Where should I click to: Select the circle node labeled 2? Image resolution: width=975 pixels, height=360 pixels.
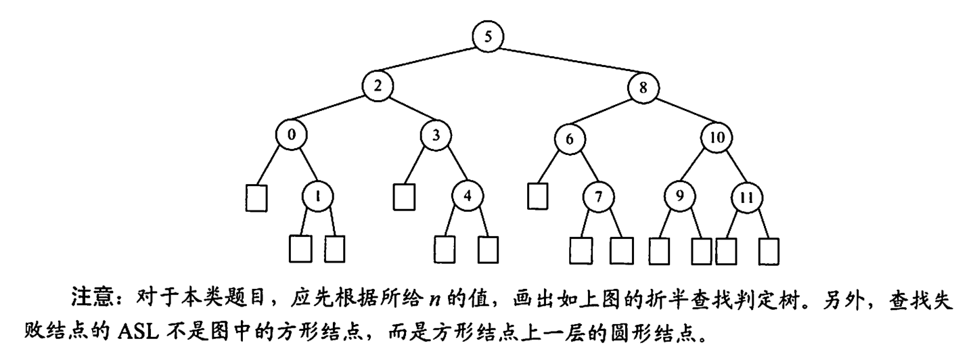coord(377,86)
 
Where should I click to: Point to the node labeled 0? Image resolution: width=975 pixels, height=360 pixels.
coord(292,135)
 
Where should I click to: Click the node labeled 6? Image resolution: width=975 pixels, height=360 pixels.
coord(569,139)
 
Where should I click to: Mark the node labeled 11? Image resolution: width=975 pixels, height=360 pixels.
coord(747,198)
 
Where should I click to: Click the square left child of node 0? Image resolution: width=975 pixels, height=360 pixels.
coord(256,197)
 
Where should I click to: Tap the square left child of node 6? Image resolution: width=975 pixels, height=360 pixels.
coord(537,196)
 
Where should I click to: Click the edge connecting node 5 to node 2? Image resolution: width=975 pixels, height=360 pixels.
coord(433,61)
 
